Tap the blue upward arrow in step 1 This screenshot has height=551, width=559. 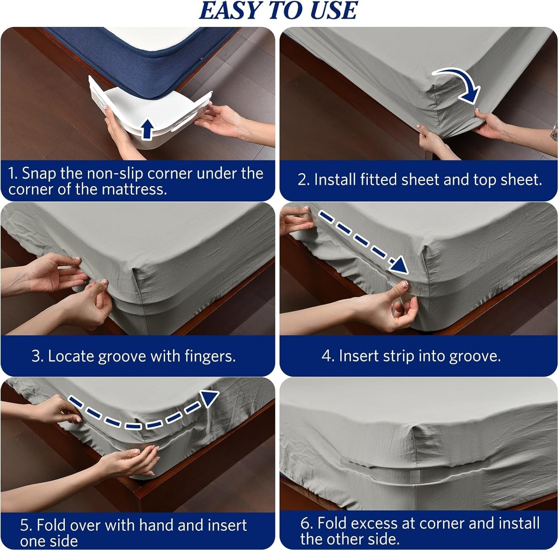coord(148,129)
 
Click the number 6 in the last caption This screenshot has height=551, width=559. coord(305,523)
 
